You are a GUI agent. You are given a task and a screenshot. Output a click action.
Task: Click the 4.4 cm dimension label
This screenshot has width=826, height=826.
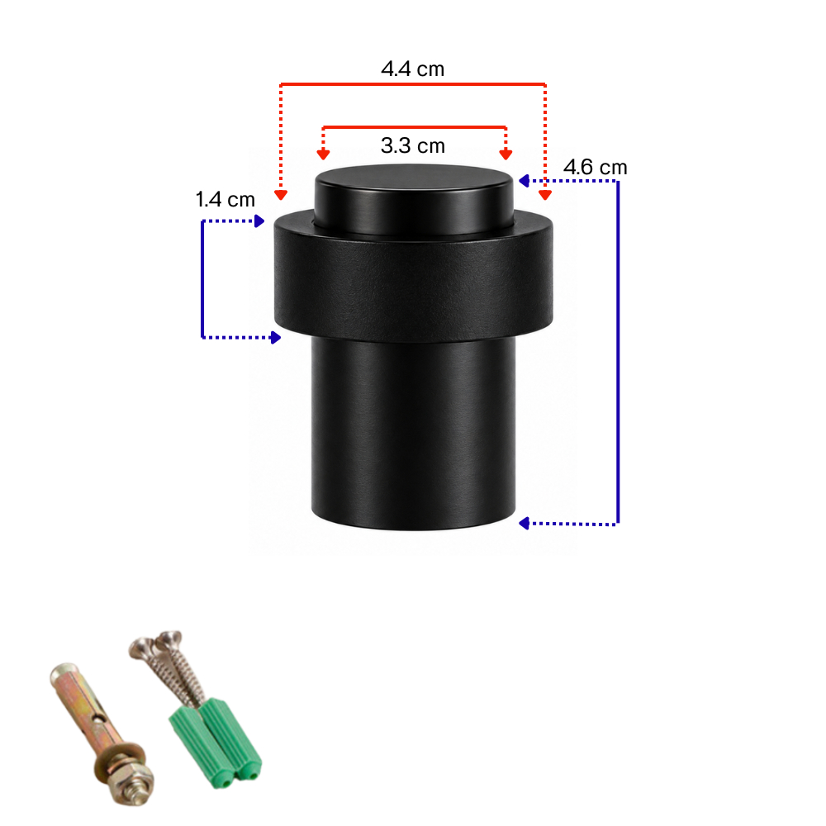click(412, 69)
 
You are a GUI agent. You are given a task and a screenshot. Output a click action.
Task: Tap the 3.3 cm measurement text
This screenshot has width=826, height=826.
click(412, 145)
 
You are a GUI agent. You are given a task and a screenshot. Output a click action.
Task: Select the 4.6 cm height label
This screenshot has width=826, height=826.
click(596, 168)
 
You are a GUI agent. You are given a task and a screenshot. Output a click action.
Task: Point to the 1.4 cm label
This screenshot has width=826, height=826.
click(225, 200)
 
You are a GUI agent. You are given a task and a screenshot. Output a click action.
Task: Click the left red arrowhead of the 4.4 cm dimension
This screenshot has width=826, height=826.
click(281, 195)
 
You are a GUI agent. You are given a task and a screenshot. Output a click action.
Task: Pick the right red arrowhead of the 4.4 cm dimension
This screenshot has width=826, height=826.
click(545, 195)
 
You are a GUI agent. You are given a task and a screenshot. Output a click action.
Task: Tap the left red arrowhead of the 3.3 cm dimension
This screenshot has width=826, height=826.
click(323, 154)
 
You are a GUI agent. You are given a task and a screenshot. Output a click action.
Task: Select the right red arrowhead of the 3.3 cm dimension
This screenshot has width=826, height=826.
click(506, 154)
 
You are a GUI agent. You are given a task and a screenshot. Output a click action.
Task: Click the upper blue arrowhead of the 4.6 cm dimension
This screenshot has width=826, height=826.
click(525, 181)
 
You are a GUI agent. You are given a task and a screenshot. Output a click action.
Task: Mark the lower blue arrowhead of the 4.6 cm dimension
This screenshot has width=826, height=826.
click(525, 523)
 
